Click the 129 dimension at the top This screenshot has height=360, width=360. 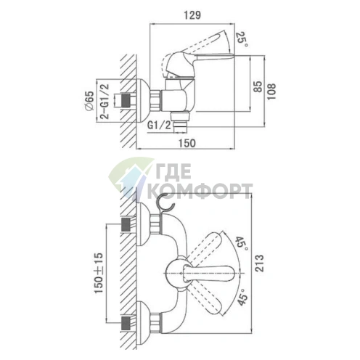192,15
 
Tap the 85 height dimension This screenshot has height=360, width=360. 258,86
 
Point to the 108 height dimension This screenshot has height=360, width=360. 271,91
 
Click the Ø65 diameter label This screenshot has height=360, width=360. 89,101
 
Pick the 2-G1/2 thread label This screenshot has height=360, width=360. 105,102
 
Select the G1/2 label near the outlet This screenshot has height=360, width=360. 159,126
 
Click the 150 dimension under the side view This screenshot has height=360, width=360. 187,143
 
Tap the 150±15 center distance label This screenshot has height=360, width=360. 99,273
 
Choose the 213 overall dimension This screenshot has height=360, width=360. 259,263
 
